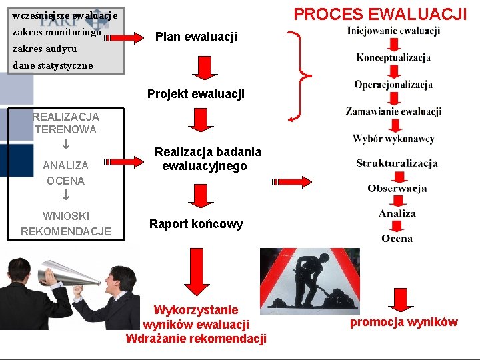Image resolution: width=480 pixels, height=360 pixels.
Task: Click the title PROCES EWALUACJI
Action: (x=380, y=13)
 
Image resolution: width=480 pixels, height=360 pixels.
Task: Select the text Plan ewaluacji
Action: (x=196, y=37)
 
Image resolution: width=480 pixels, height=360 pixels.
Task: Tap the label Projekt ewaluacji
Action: (x=196, y=94)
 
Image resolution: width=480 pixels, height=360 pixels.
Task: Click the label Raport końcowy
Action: (x=196, y=224)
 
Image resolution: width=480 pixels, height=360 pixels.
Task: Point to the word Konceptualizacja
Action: (x=393, y=58)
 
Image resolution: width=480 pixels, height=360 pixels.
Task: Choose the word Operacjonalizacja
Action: (x=393, y=85)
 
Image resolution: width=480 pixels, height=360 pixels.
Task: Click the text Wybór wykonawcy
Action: (x=393, y=139)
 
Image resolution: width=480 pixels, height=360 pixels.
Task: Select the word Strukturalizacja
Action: (x=397, y=163)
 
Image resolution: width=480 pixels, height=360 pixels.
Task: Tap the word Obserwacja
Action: (x=397, y=189)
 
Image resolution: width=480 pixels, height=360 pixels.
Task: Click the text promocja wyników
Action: (x=404, y=323)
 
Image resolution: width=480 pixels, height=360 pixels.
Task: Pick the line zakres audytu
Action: (x=44, y=49)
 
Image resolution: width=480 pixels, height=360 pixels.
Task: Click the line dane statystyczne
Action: (x=53, y=66)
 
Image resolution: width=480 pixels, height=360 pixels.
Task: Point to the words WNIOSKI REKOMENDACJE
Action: (x=66, y=223)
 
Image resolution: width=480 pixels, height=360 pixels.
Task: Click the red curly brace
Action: (x=303, y=77)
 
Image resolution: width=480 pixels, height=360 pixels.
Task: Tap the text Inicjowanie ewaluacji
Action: (x=393, y=31)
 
